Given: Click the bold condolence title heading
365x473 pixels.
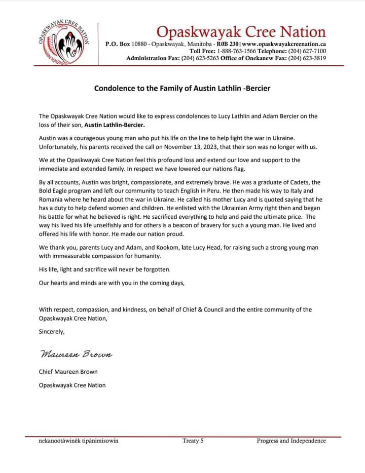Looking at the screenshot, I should [182, 88].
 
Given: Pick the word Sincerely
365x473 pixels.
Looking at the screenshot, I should [52, 332].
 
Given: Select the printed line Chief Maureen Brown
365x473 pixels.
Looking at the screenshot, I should [68, 372].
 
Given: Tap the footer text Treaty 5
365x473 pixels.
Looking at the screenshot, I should [193, 441].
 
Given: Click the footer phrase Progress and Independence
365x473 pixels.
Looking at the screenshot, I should [291, 441].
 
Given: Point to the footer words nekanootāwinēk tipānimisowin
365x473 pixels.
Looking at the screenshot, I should [79, 441].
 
